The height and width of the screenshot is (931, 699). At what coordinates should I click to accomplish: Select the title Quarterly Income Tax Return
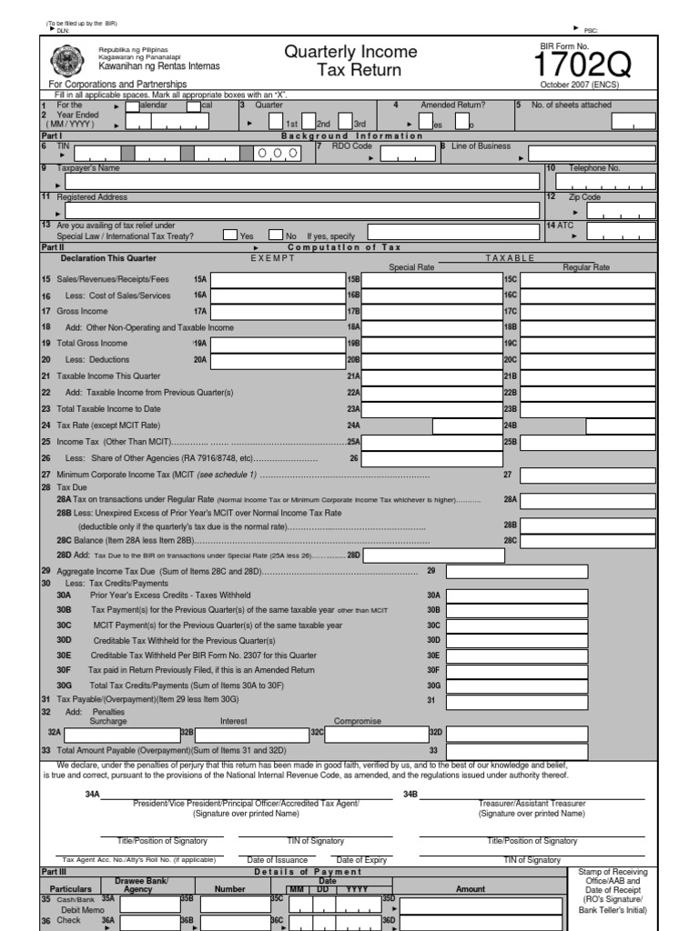[350, 61]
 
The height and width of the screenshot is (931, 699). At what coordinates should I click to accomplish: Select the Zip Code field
[618, 211]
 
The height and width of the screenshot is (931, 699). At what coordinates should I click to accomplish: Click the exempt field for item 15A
[279, 279]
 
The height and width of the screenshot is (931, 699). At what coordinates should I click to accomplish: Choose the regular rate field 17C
[588, 311]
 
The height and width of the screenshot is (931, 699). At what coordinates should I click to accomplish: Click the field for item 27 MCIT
[588, 475]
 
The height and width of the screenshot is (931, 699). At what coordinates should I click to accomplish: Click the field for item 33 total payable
[551, 750]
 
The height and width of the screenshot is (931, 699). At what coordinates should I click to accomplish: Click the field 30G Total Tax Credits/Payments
[551, 684]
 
